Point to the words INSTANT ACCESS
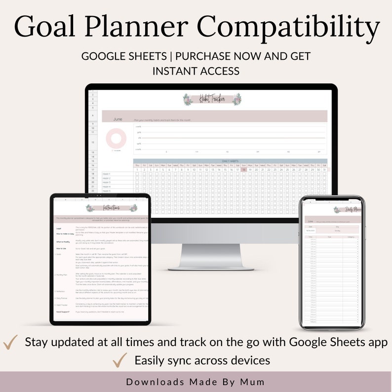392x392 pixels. (x=196, y=71)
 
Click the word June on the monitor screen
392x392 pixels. (x=118, y=119)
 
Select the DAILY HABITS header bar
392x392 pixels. (x=230, y=161)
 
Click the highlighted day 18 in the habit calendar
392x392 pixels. (x=243, y=169)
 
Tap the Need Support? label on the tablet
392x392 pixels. (x=62, y=312)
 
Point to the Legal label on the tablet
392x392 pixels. (x=59, y=228)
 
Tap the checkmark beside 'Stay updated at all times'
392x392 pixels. (x=10, y=342)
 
